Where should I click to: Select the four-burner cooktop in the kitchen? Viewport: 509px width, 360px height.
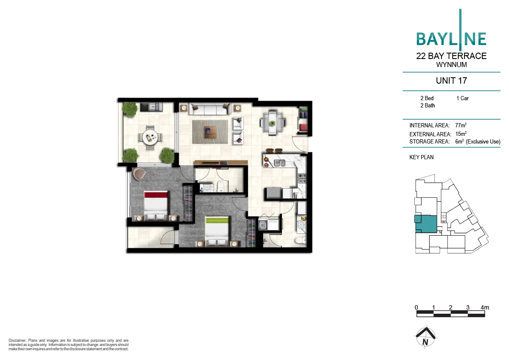[x=302, y=179]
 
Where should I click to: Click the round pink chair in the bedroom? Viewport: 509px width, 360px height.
[x=139, y=173]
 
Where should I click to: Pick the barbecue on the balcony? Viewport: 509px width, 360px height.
[x=151, y=106]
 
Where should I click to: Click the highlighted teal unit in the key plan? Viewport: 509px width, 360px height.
[x=425, y=224]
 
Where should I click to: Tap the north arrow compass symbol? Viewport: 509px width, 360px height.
[x=425, y=337]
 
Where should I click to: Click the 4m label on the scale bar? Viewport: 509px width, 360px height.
[x=484, y=307]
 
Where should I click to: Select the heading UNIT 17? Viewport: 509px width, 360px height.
[x=451, y=81]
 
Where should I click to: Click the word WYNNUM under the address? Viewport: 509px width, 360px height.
[x=451, y=65]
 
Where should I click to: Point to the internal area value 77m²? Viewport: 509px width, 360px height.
[x=461, y=126]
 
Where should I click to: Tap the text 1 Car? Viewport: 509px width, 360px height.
[x=462, y=98]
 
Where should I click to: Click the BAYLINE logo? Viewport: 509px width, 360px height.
[x=451, y=38]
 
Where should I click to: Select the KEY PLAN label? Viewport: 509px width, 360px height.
[x=421, y=157]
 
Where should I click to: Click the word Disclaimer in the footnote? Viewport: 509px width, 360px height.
[x=17, y=340]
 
